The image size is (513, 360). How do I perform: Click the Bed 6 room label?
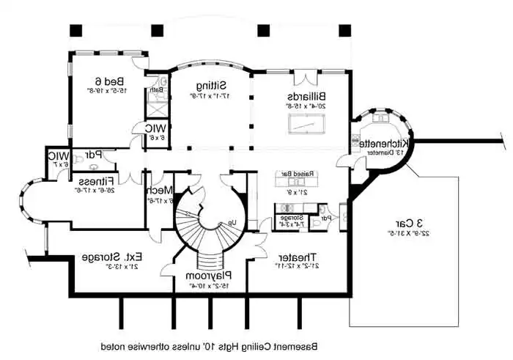pyautogui.click(x=114, y=81)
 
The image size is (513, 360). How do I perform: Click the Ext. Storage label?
pyautogui.click(x=111, y=257)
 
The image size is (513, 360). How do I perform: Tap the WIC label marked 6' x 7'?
pyautogui.click(x=58, y=155)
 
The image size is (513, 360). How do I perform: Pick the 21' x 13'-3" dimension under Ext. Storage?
pyautogui.click(x=111, y=268)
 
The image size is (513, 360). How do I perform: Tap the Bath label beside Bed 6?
pyautogui.click(x=155, y=90)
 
